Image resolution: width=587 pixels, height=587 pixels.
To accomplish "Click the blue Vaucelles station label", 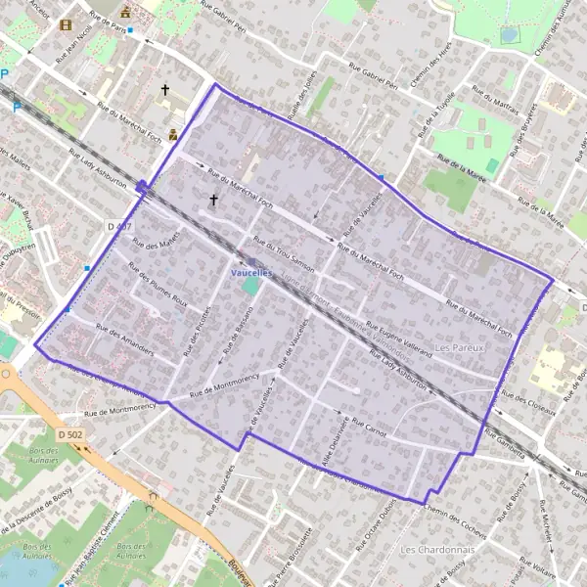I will pos(251,273).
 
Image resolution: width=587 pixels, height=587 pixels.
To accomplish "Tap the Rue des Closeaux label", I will pos(527,402).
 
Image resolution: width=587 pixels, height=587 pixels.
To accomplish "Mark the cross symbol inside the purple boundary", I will pos(213,200).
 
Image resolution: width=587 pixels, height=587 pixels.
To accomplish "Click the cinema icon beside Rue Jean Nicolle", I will pos(66,24).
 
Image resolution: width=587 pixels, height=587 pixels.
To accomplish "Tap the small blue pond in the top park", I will pos(509,34).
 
